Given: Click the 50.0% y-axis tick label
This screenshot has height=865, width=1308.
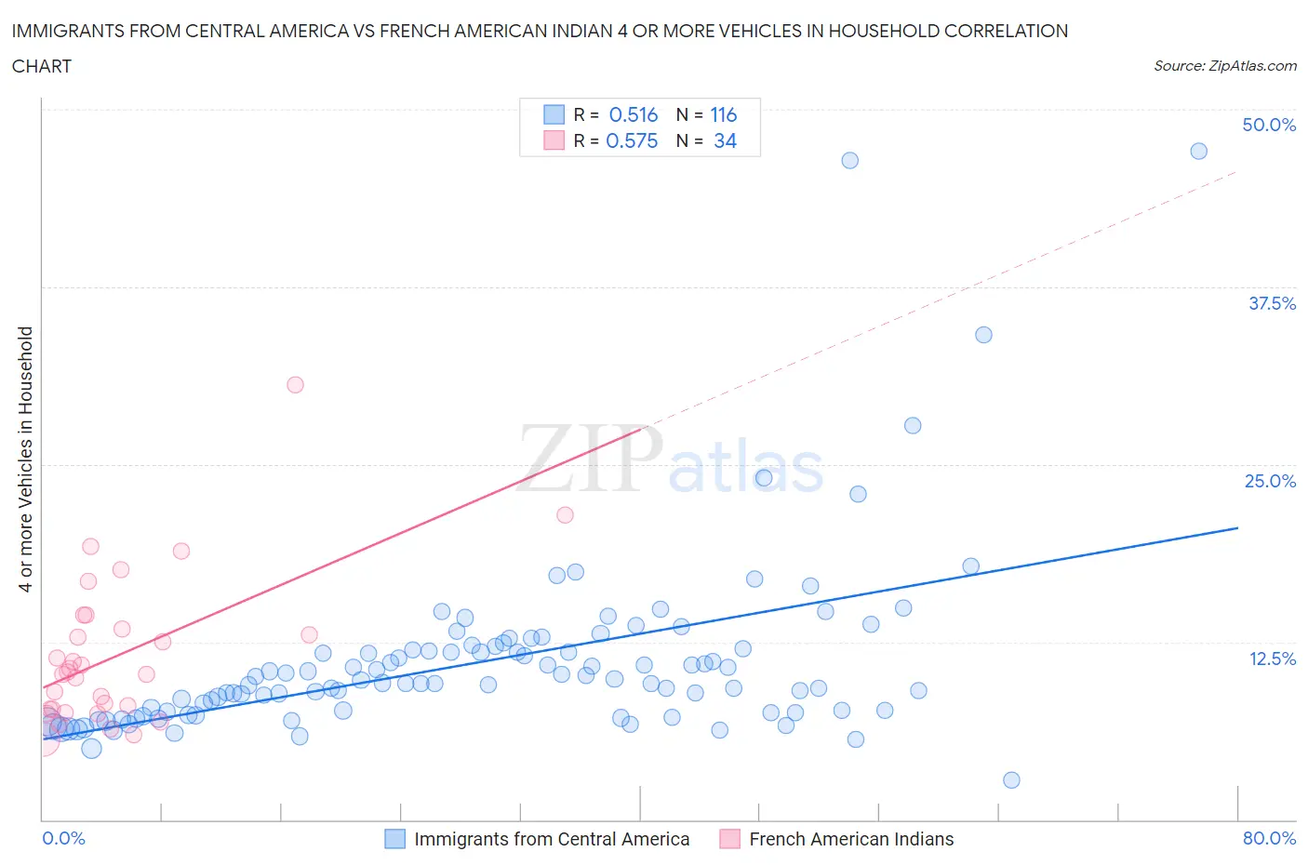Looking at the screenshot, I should point(1269,125).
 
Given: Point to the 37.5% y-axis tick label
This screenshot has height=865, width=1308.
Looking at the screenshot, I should point(1272,303).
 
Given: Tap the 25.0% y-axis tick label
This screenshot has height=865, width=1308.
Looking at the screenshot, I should point(1270,481).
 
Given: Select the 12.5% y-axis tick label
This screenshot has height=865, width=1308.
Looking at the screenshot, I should point(1272,659).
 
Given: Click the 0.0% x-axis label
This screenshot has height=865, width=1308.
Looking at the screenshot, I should point(63,838).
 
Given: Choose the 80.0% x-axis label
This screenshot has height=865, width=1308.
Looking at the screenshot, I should point(1269,838).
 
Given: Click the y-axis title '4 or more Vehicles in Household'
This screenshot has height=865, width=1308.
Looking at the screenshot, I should point(26,459).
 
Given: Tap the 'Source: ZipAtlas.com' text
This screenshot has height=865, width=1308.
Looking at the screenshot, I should point(1224,65).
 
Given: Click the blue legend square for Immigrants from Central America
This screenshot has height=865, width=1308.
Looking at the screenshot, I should point(395,839).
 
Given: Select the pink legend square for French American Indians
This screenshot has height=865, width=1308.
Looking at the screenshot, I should point(730,839).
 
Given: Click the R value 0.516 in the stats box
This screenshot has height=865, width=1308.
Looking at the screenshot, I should point(634,114).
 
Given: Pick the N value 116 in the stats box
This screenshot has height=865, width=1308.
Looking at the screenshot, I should point(724,114).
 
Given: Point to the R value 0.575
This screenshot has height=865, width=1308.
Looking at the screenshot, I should point(632,140).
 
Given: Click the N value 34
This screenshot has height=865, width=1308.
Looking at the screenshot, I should point(725,140).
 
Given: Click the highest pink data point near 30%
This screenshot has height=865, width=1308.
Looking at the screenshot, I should point(295,385).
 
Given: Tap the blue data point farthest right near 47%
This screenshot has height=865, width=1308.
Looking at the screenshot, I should point(1199,151).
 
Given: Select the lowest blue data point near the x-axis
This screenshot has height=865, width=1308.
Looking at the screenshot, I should point(1011,780).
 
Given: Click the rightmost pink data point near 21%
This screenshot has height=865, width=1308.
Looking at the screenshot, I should point(565,515).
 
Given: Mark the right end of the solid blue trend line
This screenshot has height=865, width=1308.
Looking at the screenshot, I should point(1237,527).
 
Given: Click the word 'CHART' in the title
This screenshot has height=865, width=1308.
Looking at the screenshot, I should point(42,66).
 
